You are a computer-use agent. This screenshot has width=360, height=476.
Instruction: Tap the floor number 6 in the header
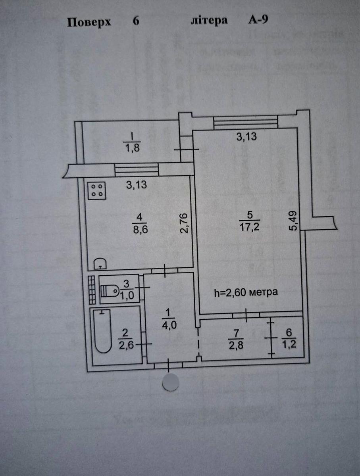coord(136,21)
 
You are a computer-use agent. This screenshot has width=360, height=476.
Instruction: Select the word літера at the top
coord(209,21)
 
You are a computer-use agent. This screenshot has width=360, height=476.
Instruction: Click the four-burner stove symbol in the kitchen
coord(97,191)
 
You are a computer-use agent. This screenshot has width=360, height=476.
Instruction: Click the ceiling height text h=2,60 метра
coord(245,293)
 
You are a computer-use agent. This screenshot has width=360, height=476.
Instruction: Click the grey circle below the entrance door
coord(171,382)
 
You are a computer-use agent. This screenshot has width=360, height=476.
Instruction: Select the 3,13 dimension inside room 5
coord(247,138)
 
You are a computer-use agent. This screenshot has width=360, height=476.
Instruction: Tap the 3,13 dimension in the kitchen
coord(137,185)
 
